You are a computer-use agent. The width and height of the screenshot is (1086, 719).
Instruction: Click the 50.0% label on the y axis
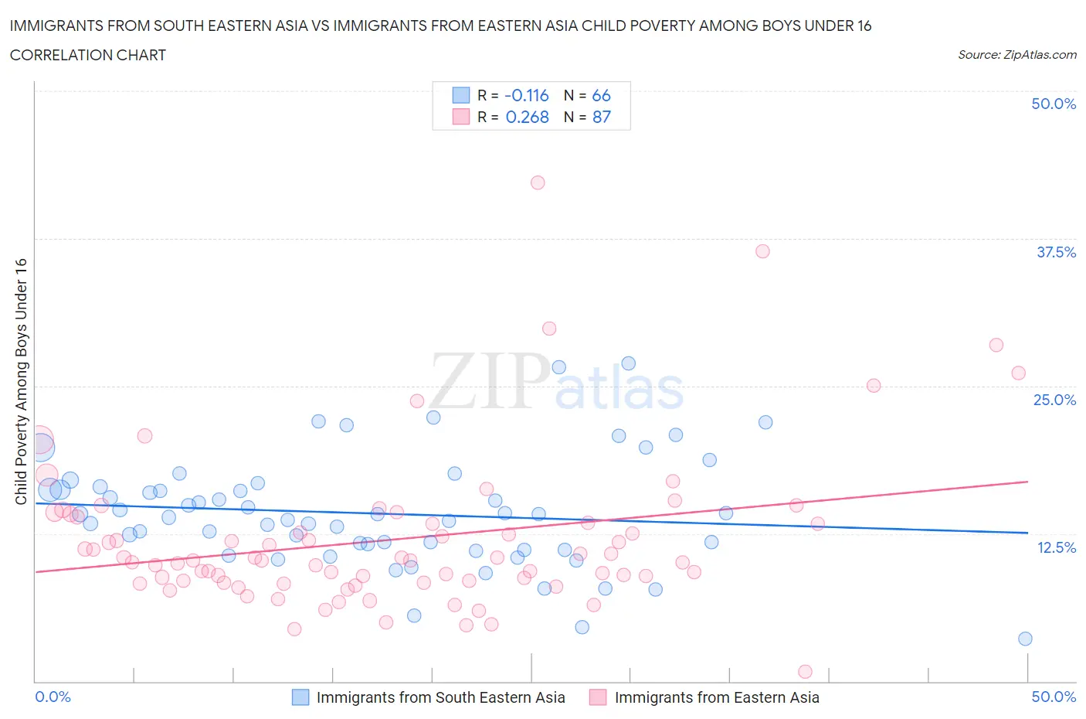coord(1054,104)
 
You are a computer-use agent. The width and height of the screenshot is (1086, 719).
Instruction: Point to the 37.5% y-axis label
coord(1056,252)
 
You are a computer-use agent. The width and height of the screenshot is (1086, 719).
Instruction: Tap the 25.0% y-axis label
coord(1054,400)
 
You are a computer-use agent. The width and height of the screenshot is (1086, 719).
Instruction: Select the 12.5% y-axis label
coord(1056,547)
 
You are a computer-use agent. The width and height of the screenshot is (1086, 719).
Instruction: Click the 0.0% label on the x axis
coord(53,697)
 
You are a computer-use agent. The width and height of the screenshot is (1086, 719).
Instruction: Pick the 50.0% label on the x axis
coord(1054,697)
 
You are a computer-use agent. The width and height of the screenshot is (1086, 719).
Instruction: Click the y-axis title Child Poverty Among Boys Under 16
coord(21,381)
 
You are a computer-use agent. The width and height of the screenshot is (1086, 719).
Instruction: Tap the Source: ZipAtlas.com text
coord(1016,55)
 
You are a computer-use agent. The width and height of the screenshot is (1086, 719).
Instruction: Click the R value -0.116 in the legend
coord(527,95)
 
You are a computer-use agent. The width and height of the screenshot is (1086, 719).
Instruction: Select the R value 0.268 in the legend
coord(527,117)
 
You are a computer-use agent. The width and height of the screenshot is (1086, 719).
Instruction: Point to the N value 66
coord(601,95)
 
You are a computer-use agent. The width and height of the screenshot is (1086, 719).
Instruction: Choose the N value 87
coord(601,117)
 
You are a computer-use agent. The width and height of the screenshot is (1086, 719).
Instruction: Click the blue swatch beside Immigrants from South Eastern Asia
coord(300,697)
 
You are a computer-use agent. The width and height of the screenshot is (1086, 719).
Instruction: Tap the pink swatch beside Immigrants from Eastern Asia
coord(598,697)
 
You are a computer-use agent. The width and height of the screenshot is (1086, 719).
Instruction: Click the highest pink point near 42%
coord(538,182)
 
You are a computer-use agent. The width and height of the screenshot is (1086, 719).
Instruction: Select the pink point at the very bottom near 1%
coord(805,672)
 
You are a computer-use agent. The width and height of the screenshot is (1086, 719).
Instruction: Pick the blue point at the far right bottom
coord(1025,639)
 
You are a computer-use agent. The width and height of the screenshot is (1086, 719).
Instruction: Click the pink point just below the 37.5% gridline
coord(762,251)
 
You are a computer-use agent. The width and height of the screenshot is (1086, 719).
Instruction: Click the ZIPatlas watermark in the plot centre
coord(556,382)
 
